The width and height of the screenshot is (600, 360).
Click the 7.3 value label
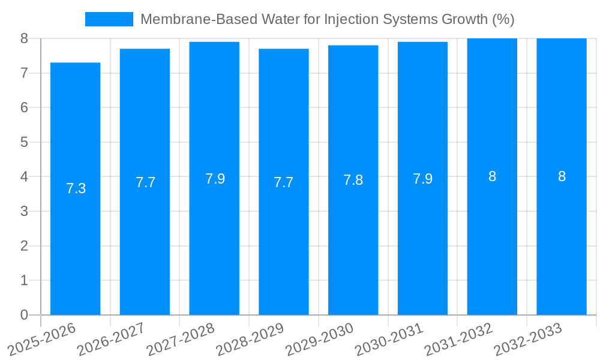click(76, 188)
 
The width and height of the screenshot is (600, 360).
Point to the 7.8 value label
click(353, 180)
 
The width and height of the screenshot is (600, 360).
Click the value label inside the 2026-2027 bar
click(145, 182)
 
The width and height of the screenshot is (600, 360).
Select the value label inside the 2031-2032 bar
click(492, 176)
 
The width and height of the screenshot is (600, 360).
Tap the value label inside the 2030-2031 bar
click(422, 179)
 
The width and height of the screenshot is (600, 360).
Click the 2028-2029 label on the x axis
click(250, 340)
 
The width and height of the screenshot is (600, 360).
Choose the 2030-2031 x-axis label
click(389, 340)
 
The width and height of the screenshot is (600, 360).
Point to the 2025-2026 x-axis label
click(42, 340)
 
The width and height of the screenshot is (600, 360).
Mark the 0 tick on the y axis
click(24, 315)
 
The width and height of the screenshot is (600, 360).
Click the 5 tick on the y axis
click(24, 142)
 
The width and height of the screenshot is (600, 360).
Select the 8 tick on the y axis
click(24, 38)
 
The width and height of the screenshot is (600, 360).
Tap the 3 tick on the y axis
click(24, 211)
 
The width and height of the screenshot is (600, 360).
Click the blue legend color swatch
click(109, 19)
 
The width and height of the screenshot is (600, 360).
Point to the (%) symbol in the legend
click(503, 19)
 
